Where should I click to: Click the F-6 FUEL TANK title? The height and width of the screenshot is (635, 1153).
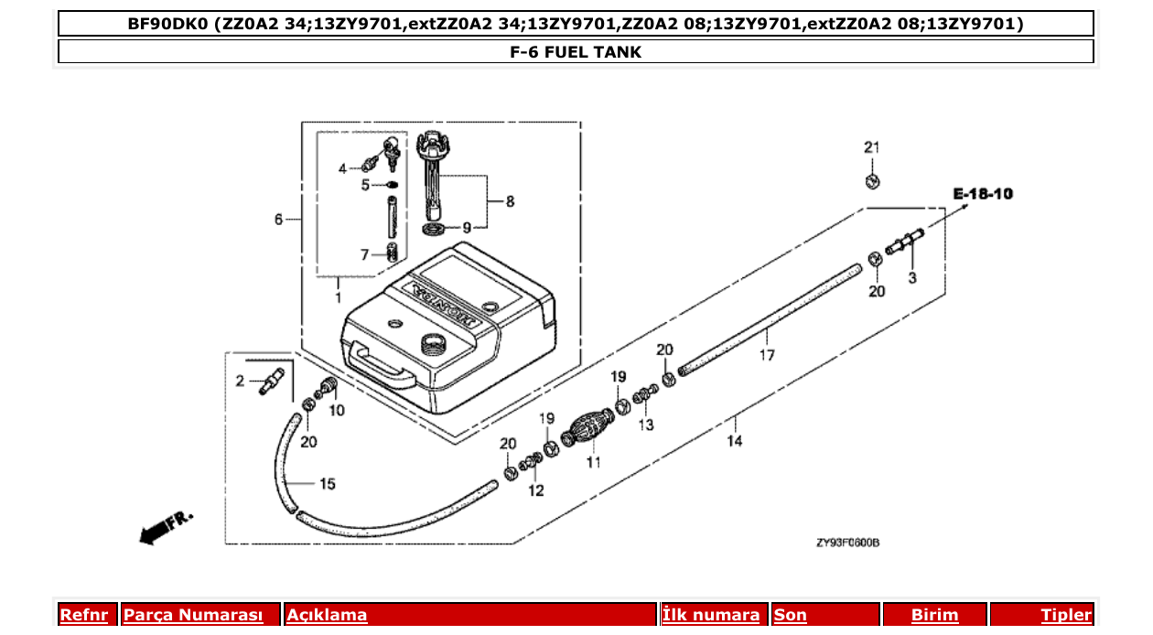click(x=576, y=52)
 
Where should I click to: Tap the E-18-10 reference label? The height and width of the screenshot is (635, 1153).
click(x=983, y=194)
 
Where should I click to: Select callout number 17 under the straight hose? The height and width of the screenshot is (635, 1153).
click(x=766, y=355)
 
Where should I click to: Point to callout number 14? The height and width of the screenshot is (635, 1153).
click(x=735, y=441)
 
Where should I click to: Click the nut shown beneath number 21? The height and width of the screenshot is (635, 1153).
click(x=873, y=181)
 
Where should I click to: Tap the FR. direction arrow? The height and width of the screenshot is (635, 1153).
click(x=166, y=526)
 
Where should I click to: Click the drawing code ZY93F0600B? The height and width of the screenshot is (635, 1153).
click(x=847, y=543)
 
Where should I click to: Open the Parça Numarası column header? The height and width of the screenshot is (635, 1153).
click(x=193, y=615)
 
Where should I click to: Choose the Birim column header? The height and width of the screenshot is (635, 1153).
click(x=934, y=615)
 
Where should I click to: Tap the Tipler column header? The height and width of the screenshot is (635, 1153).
click(x=1066, y=615)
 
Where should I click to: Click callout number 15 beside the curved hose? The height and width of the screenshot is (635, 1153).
click(x=328, y=483)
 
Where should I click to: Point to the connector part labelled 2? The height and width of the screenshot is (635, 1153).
click(x=268, y=381)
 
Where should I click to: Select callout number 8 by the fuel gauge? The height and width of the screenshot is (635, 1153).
click(x=510, y=201)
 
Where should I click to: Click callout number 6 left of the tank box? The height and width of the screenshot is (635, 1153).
click(x=279, y=219)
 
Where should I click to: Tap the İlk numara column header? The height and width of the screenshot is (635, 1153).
click(x=711, y=615)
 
